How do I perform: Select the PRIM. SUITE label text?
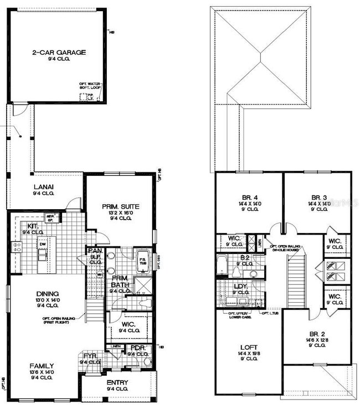pos(121,206)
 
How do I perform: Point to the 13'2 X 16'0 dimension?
pos(121,212)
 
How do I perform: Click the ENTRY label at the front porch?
pos(117,382)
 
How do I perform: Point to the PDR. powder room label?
pos(136,349)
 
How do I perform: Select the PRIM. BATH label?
pos(120,281)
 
